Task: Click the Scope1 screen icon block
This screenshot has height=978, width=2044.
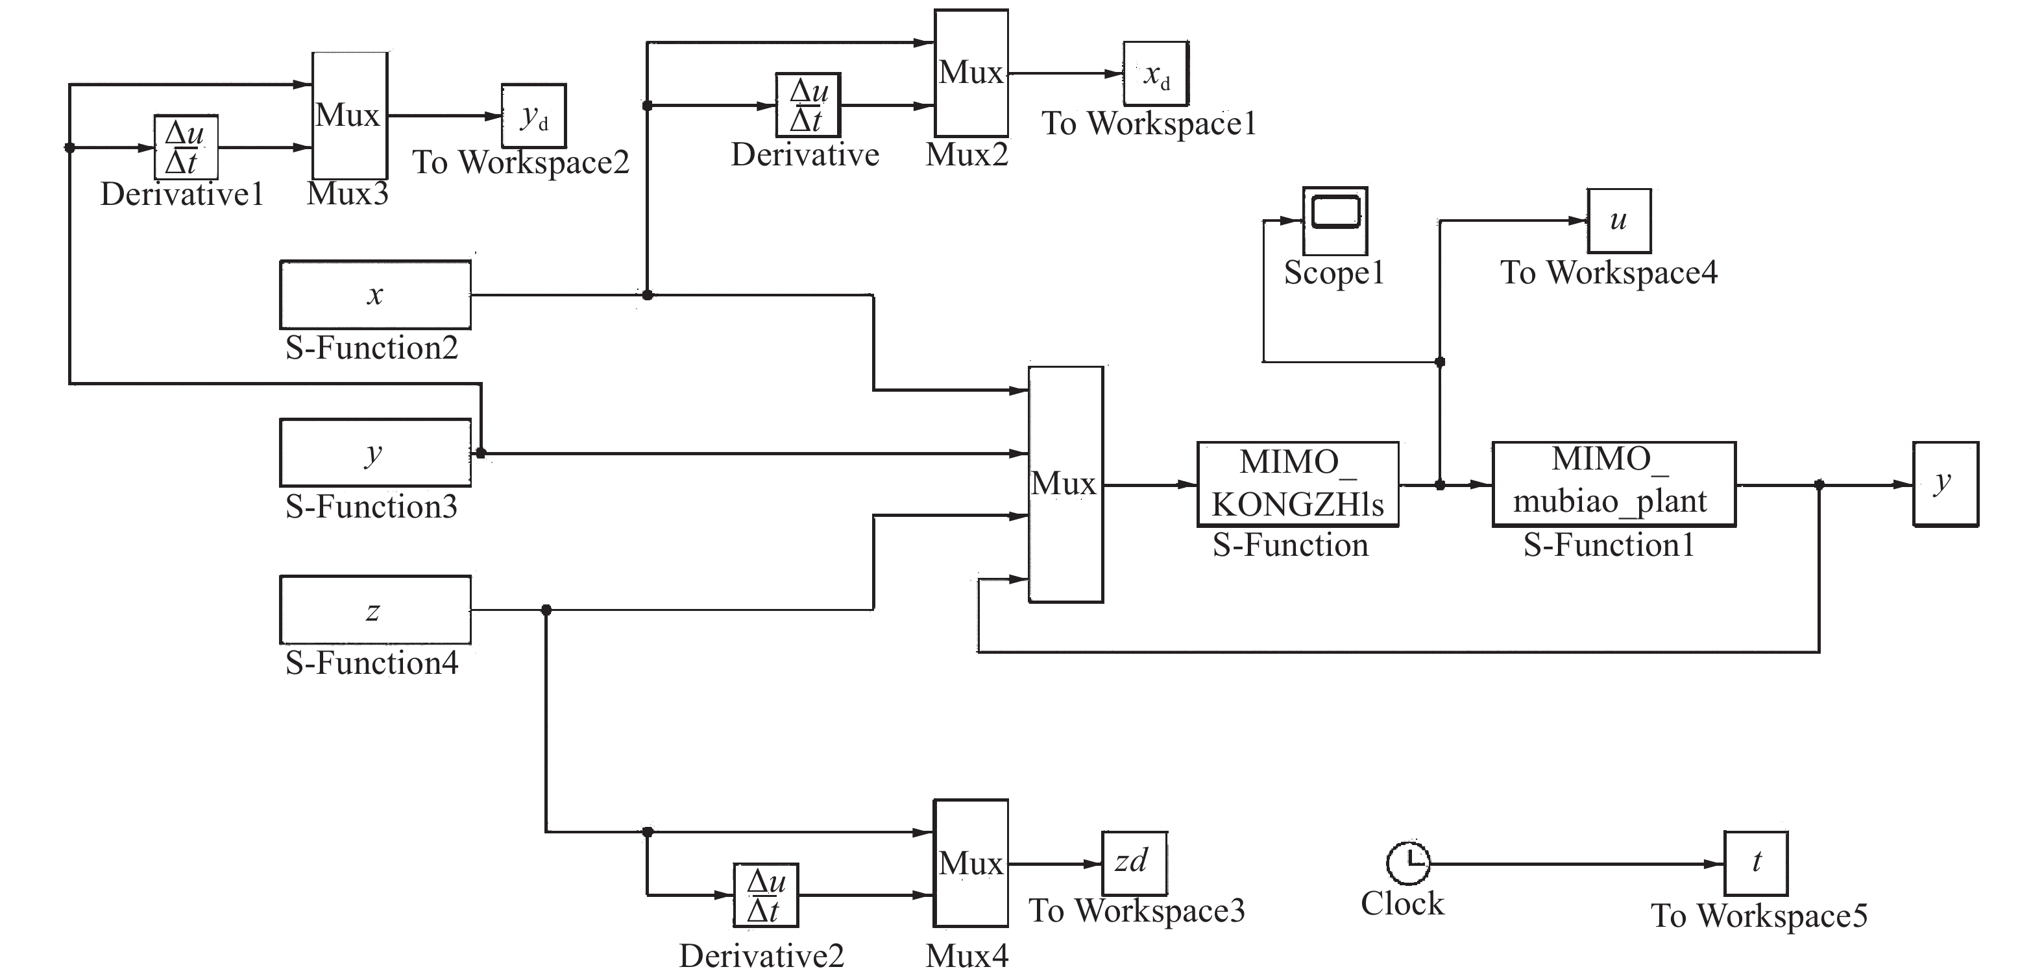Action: (x=1335, y=220)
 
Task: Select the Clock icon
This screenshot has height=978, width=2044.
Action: (x=1407, y=863)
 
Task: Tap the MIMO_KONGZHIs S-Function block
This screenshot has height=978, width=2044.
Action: (x=1297, y=484)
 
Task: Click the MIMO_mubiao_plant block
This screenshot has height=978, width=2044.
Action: (x=1613, y=484)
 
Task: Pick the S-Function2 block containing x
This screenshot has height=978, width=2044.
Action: (x=375, y=294)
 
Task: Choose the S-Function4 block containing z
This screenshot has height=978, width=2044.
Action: (x=375, y=609)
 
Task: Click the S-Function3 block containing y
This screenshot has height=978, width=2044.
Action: (x=375, y=452)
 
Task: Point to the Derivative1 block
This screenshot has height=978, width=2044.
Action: (x=186, y=147)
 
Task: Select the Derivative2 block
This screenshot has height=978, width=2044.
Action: (x=766, y=895)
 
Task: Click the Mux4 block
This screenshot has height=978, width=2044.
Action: (x=971, y=863)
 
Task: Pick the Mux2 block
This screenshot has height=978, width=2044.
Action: (x=971, y=73)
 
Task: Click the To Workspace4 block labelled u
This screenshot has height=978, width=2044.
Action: (x=1619, y=221)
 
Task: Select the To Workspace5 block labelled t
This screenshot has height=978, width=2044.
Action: (x=1756, y=863)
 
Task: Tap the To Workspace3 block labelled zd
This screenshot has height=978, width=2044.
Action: (x=1134, y=863)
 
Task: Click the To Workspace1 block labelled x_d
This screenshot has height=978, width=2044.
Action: (x=1155, y=74)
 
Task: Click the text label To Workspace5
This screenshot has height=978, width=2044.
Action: (x=1759, y=915)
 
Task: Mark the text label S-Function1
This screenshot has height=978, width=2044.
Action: (x=1609, y=545)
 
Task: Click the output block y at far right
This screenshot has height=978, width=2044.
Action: (x=1945, y=484)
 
